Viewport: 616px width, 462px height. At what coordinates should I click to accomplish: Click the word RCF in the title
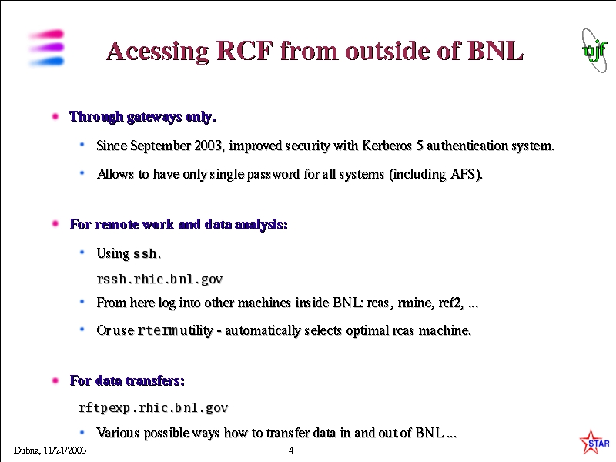(x=244, y=51)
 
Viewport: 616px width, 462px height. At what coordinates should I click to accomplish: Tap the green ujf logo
(x=594, y=50)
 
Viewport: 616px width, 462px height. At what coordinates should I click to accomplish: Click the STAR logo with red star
(x=594, y=442)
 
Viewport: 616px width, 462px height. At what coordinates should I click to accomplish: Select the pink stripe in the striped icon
(x=46, y=35)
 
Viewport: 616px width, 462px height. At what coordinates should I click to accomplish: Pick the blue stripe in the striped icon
(x=46, y=62)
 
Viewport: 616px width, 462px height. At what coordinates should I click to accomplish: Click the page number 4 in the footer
(x=291, y=450)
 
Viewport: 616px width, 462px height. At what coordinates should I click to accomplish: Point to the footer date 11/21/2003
(x=65, y=450)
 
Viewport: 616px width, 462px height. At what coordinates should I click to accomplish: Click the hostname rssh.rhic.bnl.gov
(x=159, y=279)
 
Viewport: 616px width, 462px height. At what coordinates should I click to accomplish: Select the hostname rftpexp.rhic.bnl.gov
(x=153, y=408)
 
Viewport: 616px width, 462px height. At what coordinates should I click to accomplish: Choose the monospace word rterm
(x=157, y=331)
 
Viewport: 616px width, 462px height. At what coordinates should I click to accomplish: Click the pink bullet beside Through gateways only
(x=55, y=116)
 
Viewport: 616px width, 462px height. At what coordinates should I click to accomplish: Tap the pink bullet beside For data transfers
(x=55, y=380)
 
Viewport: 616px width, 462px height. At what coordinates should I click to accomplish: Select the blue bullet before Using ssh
(x=82, y=253)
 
